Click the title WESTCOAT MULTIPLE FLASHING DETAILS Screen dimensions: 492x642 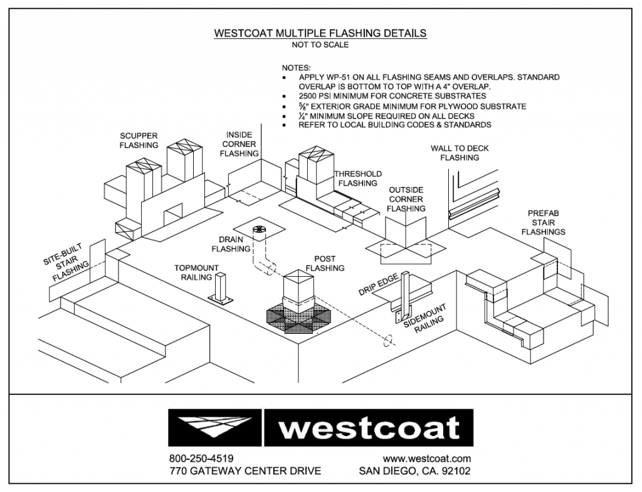pyautogui.click(x=320, y=33)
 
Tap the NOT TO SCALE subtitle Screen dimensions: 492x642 pyautogui.click(x=320, y=45)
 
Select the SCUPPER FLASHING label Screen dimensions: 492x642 pyautogui.click(x=139, y=140)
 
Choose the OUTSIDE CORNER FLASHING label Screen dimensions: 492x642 pyautogui.click(x=406, y=199)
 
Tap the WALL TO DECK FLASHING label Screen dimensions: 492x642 pyautogui.click(x=459, y=153)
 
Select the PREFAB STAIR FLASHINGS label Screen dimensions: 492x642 pyautogui.click(x=546, y=222)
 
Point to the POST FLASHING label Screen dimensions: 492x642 pyautogui.click(x=325, y=263)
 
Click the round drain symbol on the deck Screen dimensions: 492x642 pyautogui.click(x=258, y=230)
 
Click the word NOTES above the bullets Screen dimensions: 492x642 pyautogui.click(x=296, y=67)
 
